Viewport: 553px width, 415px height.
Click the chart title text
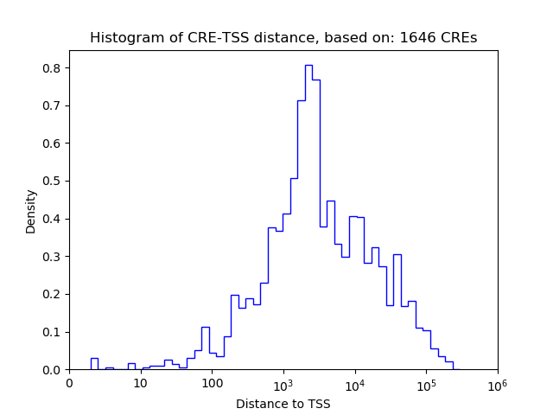(283, 38)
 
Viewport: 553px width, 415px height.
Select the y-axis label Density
(31, 211)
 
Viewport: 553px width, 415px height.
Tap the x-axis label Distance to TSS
(283, 404)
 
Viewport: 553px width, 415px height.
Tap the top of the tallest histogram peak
(308, 65)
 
